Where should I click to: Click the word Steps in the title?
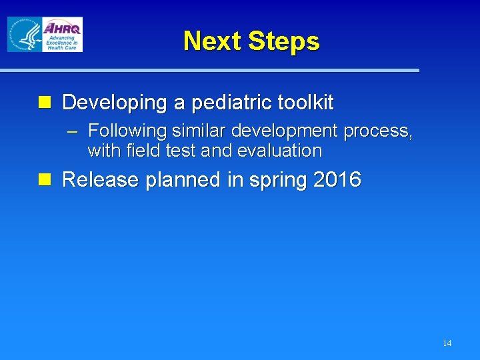coord(283,41)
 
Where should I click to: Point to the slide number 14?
coord(447,343)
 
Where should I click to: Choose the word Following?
coord(126,131)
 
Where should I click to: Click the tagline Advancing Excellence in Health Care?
coord(61,43)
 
